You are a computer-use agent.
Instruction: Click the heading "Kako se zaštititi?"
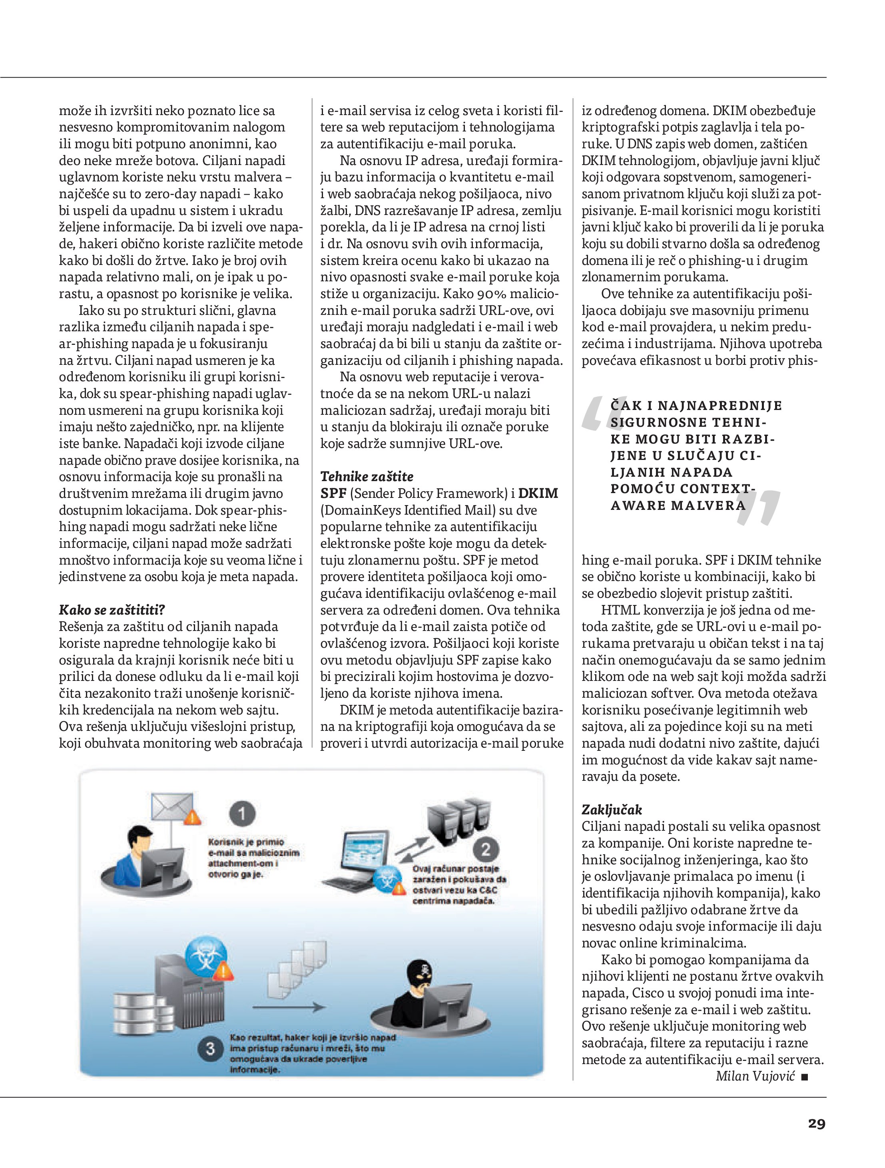pyautogui.click(x=112, y=610)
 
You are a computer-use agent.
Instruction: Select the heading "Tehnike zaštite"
pyautogui.click(x=367, y=476)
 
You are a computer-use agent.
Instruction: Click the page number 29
pyautogui.click(x=816, y=1124)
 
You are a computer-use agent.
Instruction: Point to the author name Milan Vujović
pyautogui.click(x=755, y=1076)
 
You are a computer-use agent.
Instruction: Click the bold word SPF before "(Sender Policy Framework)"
pyautogui.click(x=333, y=493)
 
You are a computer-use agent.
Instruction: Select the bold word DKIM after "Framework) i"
pyautogui.click(x=538, y=493)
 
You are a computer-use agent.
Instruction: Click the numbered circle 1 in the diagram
pyautogui.click(x=242, y=814)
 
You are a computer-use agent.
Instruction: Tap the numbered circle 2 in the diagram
pyautogui.click(x=486, y=849)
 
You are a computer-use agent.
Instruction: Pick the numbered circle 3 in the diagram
pyautogui.click(x=210, y=1048)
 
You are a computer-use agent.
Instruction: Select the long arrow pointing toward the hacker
pyautogui.click(x=288, y=1007)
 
